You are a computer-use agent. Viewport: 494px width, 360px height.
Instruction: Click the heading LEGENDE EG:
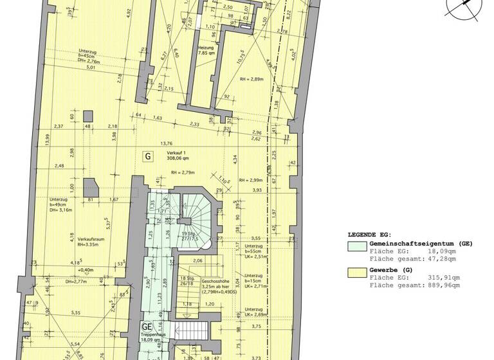click(373, 235)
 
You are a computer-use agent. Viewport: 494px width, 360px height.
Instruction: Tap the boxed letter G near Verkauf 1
click(149, 156)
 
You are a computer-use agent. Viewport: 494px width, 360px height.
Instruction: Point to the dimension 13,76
click(168, 143)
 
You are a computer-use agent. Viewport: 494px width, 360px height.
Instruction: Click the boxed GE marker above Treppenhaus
click(147, 326)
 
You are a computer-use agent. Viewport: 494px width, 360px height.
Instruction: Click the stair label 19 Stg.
click(188, 234)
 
